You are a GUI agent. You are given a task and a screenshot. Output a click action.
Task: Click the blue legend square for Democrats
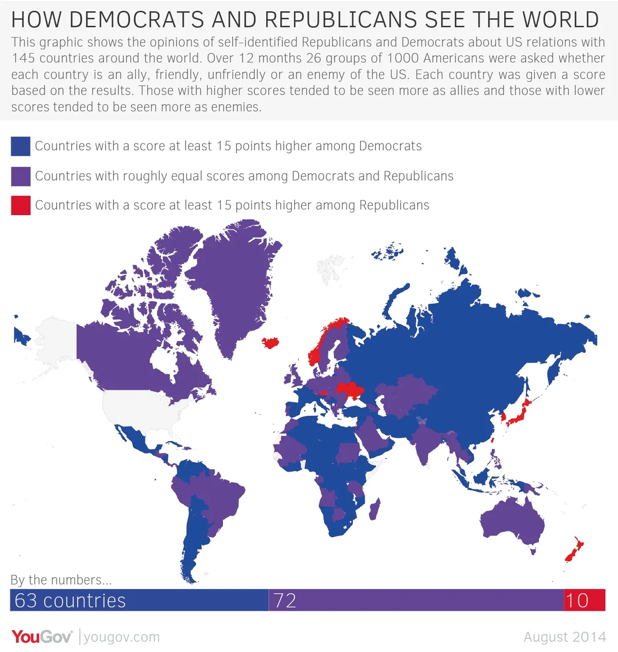pos(21,146)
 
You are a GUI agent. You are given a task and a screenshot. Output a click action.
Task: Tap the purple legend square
pos(21,176)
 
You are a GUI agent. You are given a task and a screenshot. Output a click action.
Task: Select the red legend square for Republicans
pos(21,205)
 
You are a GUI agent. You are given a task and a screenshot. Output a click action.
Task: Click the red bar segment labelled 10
pos(585,600)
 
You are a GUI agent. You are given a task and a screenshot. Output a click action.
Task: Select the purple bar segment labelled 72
pos(416,600)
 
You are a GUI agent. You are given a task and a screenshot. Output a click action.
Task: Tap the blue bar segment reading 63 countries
pos(139,600)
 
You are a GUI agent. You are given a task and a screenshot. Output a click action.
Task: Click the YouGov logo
pos(42,637)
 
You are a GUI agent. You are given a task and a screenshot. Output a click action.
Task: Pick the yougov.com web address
pos(122,637)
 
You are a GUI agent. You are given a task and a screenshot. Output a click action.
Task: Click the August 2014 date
pos(564,637)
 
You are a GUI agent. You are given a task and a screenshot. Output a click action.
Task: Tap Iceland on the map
pos(270,343)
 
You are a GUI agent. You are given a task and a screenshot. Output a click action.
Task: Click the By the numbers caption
pos(61,580)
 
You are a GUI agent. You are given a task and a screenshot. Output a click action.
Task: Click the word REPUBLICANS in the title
pos(340,20)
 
